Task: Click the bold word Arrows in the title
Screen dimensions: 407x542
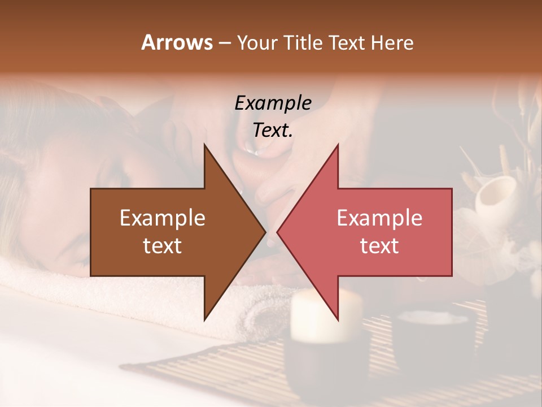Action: tap(177, 42)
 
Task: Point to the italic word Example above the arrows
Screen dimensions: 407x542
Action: tap(273, 103)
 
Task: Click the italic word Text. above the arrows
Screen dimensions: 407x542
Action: tap(273, 130)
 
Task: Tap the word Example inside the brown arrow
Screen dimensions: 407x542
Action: tap(163, 218)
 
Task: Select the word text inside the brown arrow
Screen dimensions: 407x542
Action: tap(163, 246)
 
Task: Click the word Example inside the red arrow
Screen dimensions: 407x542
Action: tap(379, 218)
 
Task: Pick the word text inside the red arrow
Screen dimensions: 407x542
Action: tap(379, 246)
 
